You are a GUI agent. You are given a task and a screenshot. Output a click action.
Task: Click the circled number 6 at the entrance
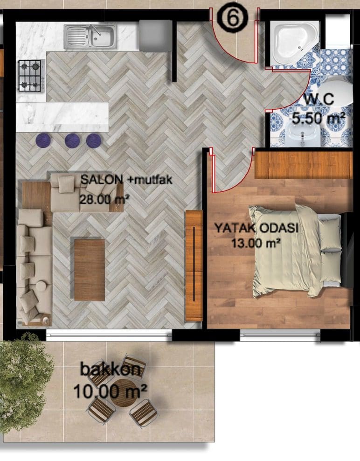point(232,18)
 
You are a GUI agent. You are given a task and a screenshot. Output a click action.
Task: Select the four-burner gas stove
point(30,76)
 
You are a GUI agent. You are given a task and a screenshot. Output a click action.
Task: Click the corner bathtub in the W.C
point(293,42)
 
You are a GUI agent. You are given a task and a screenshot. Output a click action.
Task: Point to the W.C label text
point(318,99)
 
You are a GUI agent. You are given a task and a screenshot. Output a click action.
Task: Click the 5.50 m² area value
point(318,119)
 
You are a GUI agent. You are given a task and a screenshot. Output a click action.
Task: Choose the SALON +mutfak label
point(126,180)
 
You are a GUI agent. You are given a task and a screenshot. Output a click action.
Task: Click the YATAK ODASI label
point(256,228)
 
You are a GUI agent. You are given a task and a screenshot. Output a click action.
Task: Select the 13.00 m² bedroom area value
point(255,243)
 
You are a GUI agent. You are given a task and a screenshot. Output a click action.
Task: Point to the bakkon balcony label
point(111,369)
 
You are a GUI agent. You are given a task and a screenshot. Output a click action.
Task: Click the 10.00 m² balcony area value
point(110,391)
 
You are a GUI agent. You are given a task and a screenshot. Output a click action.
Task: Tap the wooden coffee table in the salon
point(90,270)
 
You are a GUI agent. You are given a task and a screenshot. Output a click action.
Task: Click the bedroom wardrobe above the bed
point(304,165)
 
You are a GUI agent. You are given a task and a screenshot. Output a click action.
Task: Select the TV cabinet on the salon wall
point(194,265)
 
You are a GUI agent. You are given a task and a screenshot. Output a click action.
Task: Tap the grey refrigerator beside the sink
point(155,35)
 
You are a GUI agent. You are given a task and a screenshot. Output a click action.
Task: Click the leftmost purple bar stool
point(43,140)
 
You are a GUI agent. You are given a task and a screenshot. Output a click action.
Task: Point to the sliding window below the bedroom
point(280,335)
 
